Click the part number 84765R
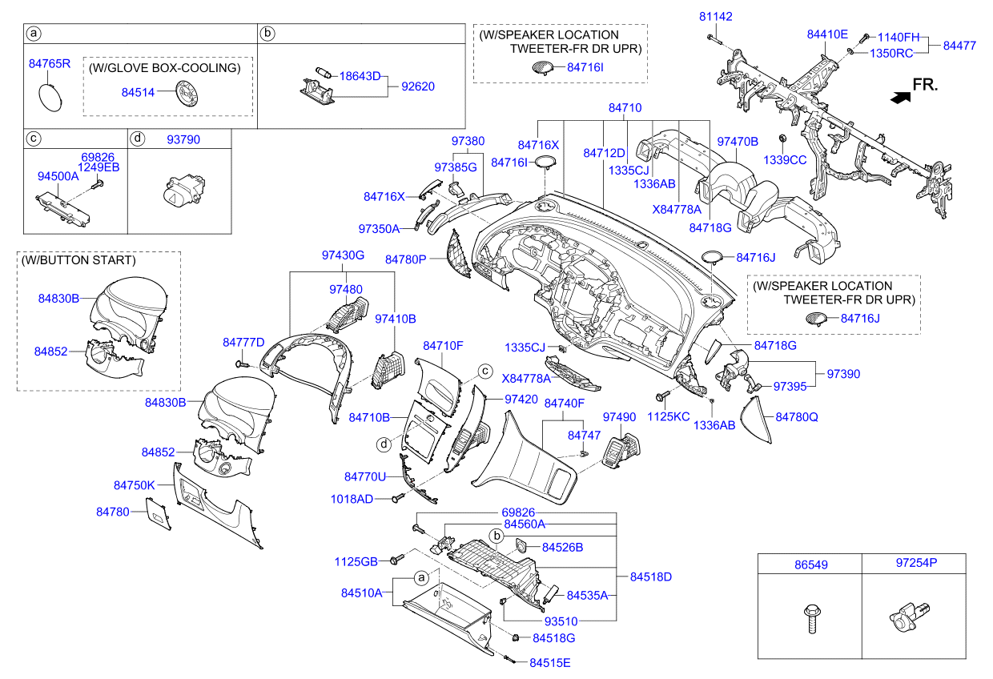click(x=50, y=63)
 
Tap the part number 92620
click(x=418, y=86)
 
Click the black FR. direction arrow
click(x=901, y=97)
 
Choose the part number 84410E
click(x=826, y=34)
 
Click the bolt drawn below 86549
click(x=809, y=619)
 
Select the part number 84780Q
click(x=796, y=416)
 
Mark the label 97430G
click(x=343, y=255)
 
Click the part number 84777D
click(x=243, y=343)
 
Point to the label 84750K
click(x=134, y=485)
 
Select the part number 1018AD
click(x=352, y=499)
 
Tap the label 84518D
click(x=650, y=577)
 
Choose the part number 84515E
click(x=550, y=662)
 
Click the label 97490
click(x=619, y=417)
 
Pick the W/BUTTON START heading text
click(x=78, y=260)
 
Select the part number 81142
click(x=715, y=16)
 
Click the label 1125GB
click(x=356, y=561)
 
